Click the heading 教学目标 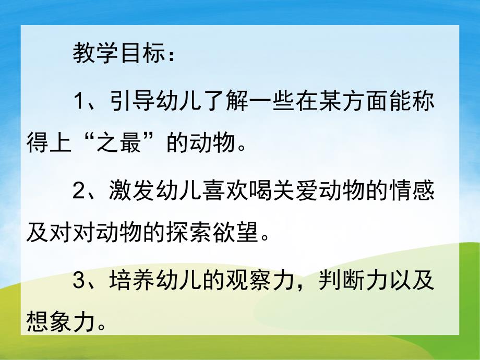click(x=124, y=55)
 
